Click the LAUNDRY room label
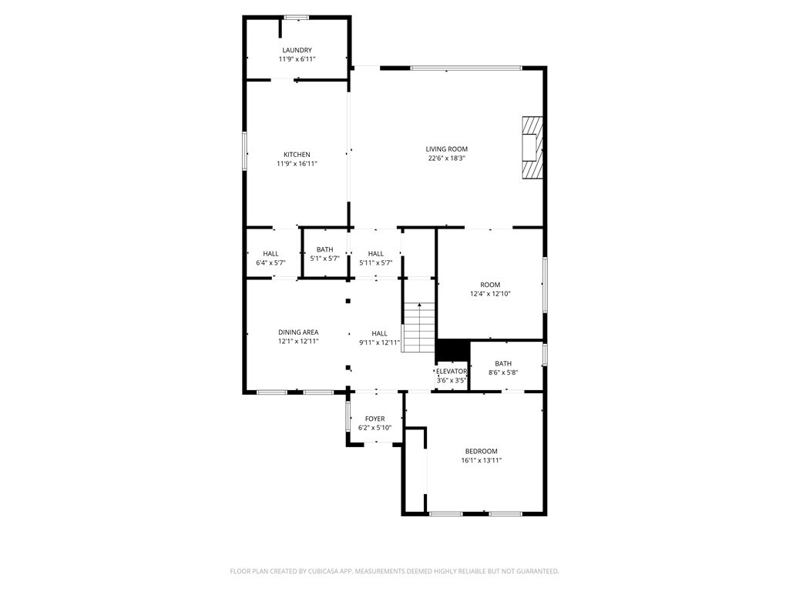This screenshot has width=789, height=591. tap(297, 50)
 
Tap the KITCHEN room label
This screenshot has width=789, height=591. tap(297, 155)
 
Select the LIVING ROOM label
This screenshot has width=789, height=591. tap(447, 149)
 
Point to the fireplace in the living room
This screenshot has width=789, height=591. tap(532, 148)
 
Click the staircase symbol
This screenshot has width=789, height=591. tap(418, 327)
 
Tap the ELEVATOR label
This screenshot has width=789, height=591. tap(452, 372)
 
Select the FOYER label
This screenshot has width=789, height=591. tap(375, 419)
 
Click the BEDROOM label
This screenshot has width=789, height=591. tap(481, 451)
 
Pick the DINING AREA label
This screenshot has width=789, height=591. tap(298, 332)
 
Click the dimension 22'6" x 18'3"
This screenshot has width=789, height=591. tap(447, 159)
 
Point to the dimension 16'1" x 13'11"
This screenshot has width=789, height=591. tap(482, 460)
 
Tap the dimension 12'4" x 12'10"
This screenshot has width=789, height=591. tap(490, 294)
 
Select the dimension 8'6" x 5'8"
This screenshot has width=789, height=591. tap(503, 373)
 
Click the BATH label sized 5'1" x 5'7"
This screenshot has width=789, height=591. tap(325, 250)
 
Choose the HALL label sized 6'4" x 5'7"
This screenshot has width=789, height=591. tap(270, 254)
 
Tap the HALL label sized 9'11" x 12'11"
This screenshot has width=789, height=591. tap(379, 334)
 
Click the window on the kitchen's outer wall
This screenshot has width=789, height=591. tap(245, 151)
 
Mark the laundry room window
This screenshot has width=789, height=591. tap(297, 18)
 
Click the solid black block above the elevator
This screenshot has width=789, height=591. tap(452, 350)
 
